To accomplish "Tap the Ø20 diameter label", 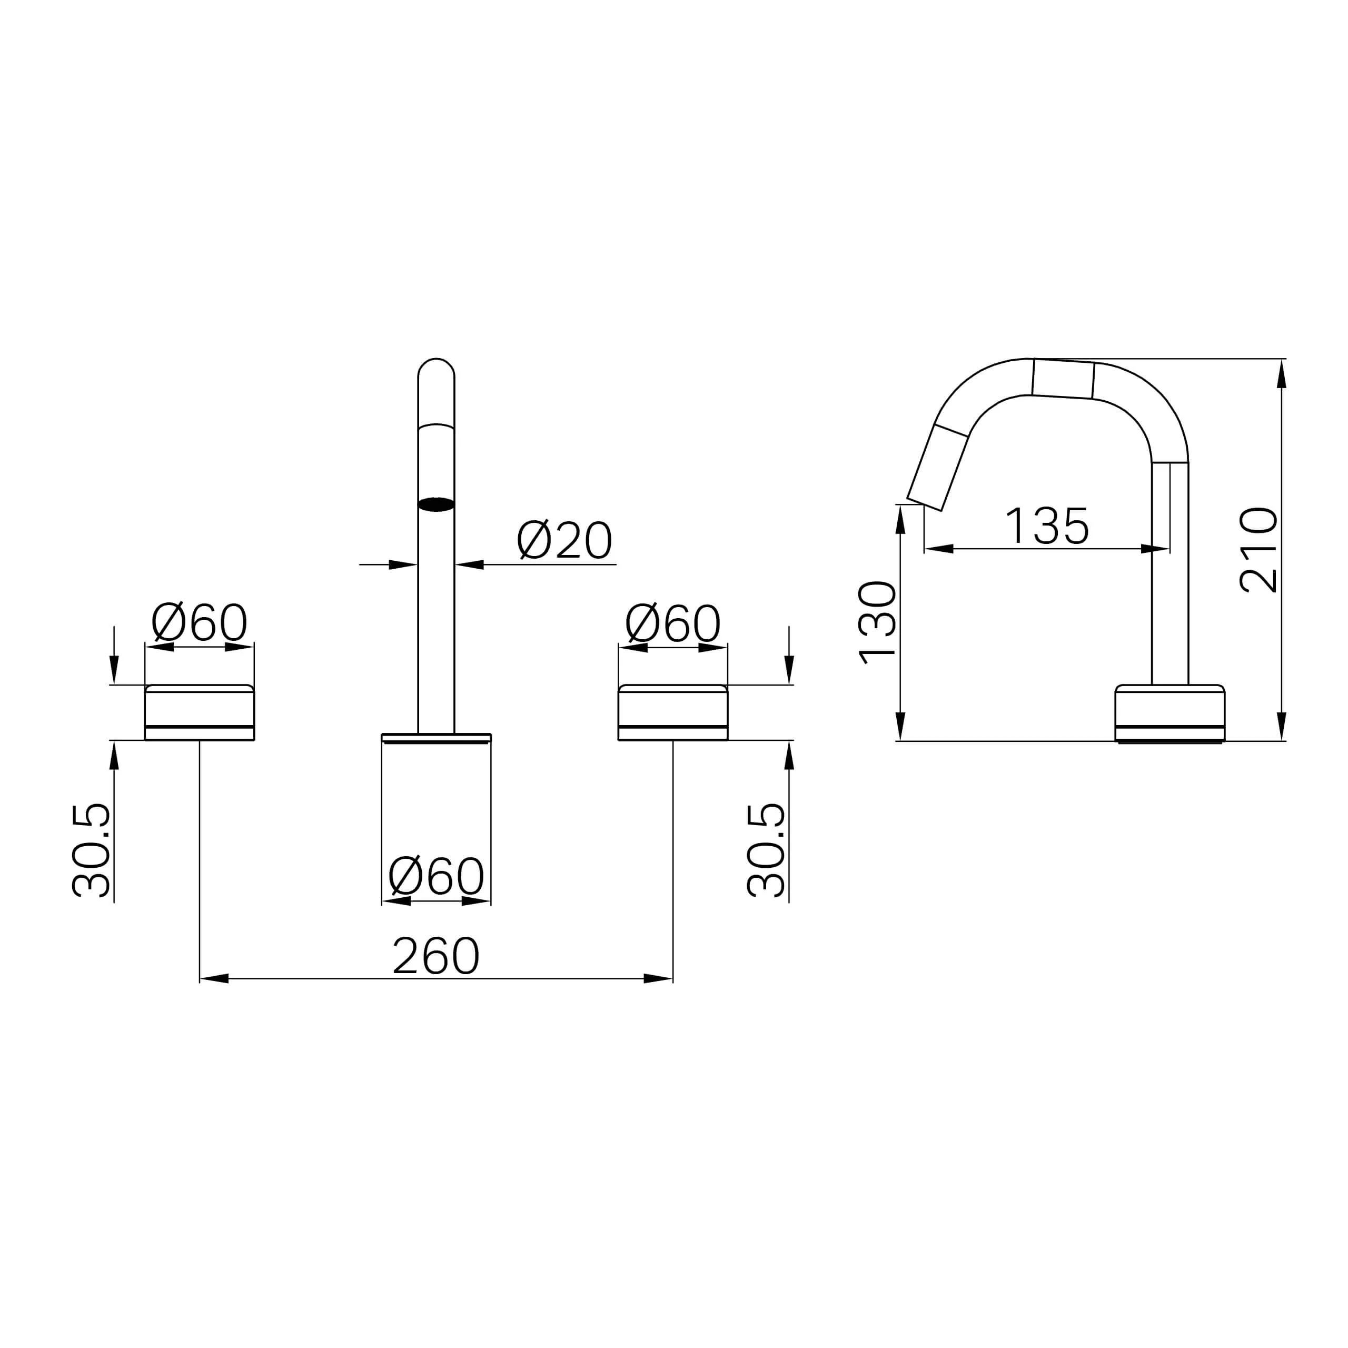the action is (564, 540).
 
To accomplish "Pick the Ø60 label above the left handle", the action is (200, 622).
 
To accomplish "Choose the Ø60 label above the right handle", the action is (672, 623).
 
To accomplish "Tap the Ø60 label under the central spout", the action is (436, 876).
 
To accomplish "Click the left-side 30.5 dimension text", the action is (91, 850).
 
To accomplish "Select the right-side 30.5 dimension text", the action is (766, 850).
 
